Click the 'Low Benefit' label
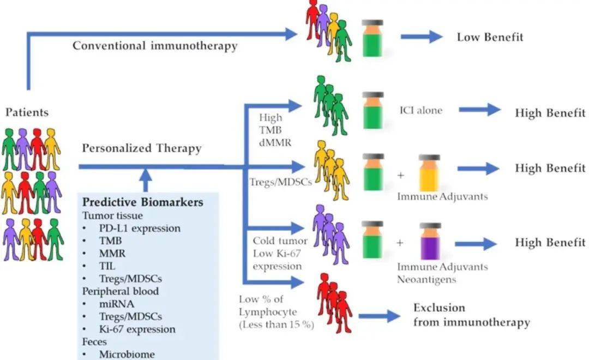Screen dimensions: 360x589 click(x=490, y=37)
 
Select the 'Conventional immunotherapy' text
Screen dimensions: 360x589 click(x=155, y=46)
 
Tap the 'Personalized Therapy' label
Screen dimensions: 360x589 click(x=142, y=148)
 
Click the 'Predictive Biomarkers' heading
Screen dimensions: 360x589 click(x=143, y=202)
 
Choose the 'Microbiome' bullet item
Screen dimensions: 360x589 click(x=127, y=354)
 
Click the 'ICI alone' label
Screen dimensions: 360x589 click(x=420, y=110)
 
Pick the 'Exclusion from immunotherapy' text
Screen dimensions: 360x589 click(x=471, y=315)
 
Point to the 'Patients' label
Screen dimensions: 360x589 click(x=27, y=113)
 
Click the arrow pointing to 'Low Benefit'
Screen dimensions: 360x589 click(x=422, y=37)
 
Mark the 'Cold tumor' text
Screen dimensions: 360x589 click(x=280, y=241)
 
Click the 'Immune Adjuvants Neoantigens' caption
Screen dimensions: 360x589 click(x=442, y=273)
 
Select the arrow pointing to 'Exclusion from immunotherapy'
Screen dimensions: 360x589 click(x=380, y=316)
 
